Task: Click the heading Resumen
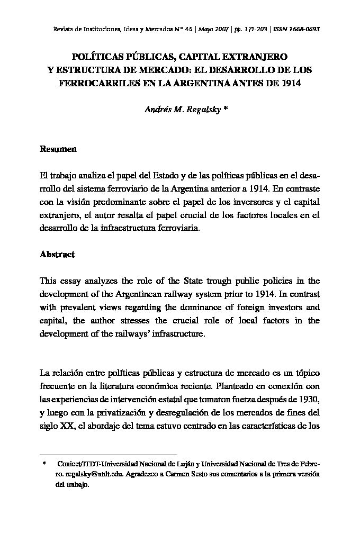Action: pyautogui.click(x=58, y=149)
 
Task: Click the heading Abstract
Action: pyautogui.click(x=57, y=254)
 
